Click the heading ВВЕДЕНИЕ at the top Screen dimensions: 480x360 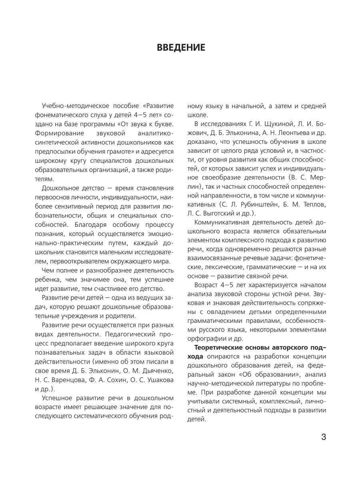(180, 48)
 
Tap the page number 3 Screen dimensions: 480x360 (324, 437)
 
